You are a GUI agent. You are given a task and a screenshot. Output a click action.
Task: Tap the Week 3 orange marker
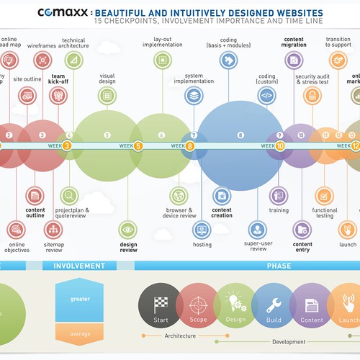click(x=67, y=145)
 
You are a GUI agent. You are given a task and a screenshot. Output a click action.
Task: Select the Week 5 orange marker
click(x=138, y=145)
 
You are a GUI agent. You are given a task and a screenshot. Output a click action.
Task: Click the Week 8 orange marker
click(x=190, y=145)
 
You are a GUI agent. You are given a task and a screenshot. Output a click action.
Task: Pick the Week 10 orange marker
click(x=280, y=145)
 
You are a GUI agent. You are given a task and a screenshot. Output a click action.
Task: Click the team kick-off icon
click(x=58, y=96)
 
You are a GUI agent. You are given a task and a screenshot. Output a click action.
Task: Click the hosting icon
click(x=202, y=229)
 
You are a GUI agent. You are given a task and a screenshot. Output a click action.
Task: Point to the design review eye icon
click(x=128, y=230)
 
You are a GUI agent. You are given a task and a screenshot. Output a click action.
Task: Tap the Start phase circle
click(x=159, y=305)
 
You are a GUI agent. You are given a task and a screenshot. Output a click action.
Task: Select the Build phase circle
click(x=273, y=305)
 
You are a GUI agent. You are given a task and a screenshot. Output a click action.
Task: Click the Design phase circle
click(x=235, y=305)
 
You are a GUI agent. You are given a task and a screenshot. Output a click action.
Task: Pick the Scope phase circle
click(x=197, y=305)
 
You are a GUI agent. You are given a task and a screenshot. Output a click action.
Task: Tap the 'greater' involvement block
click(x=80, y=299)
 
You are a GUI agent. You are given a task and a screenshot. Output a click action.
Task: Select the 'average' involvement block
click(x=80, y=333)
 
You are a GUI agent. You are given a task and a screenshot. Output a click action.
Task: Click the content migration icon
click(x=293, y=60)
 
